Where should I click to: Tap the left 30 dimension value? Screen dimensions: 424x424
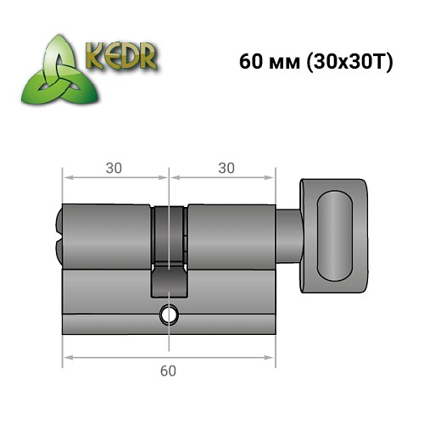[113, 168]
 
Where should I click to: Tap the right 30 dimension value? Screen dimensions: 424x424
[226, 168]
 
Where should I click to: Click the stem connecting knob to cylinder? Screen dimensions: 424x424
[288, 229]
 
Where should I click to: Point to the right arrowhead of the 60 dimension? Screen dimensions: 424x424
[272, 354]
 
